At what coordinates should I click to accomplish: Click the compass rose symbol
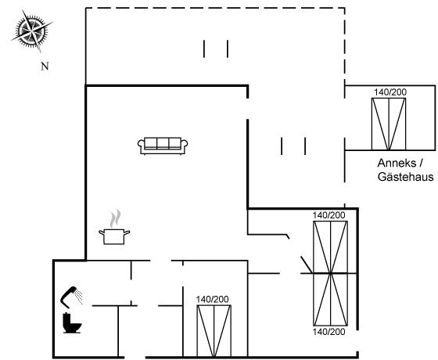[31, 31]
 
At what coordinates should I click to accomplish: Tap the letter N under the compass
[45, 67]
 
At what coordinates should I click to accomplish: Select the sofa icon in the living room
[163, 146]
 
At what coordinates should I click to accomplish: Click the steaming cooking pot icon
[114, 227]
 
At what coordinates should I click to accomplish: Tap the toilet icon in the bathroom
[72, 323]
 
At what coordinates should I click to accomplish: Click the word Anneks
[397, 164]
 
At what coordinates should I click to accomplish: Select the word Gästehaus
[406, 177]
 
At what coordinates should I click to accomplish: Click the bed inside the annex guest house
[389, 124]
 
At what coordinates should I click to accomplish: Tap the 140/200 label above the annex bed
[390, 92]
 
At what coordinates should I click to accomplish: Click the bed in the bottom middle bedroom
[214, 331]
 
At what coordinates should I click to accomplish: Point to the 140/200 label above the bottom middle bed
[212, 299]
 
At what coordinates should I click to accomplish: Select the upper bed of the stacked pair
[330, 247]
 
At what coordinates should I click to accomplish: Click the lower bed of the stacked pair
[330, 299]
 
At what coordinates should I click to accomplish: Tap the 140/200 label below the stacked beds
[328, 332]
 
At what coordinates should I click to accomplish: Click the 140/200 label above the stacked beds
[328, 215]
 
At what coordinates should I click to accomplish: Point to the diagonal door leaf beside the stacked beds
[306, 265]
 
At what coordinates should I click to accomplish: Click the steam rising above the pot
[115, 218]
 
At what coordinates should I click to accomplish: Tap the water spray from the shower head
[79, 297]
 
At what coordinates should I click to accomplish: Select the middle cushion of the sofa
[163, 142]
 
